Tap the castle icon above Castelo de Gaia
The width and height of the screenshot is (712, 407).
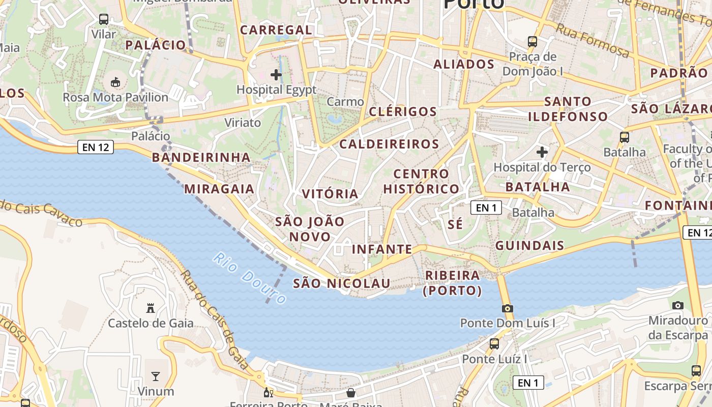(x=151, y=308)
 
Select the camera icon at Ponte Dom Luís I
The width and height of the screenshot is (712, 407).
(x=507, y=308)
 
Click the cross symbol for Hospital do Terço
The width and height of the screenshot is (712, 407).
(x=542, y=152)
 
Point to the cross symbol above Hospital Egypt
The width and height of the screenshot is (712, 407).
(x=276, y=75)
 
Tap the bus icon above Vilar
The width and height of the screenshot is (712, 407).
(x=104, y=19)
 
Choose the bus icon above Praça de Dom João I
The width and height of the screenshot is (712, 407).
(x=532, y=41)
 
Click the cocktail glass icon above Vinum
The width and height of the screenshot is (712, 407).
(x=156, y=376)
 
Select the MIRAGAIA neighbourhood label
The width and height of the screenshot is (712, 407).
(x=219, y=189)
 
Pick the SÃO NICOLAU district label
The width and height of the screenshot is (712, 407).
(x=342, y=283)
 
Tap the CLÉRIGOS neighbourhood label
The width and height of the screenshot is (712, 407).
(x=403, y=111)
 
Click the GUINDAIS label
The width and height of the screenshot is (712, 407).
(x=530, y=245)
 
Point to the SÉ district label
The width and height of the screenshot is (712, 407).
(x=456, y=224)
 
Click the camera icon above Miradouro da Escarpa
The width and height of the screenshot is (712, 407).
(x=678, y=305)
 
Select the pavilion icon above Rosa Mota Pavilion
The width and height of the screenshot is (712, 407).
(x=115, y=81)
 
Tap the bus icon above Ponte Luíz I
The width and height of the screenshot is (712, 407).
(x=494, y=344)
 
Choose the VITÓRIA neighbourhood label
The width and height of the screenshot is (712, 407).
(x=331, y=194)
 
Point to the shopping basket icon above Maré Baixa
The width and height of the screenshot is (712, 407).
(x=351, y=392)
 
